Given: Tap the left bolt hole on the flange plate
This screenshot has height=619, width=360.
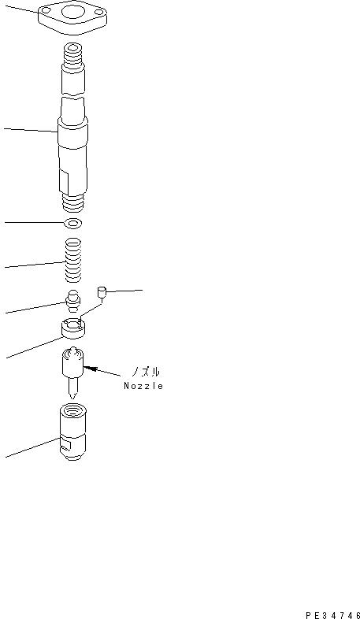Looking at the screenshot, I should click(x=47, y=10).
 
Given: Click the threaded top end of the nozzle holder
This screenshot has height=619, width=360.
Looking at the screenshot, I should click(x=73, y=54).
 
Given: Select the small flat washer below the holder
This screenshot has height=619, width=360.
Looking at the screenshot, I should click(x=74, y=223).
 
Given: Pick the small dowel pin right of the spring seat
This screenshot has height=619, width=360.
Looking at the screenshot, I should click(x=101, y=293).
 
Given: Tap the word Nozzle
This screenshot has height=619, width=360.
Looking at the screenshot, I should click(x=143, y=386).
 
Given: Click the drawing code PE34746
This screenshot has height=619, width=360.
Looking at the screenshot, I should click(x=332, y=610).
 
